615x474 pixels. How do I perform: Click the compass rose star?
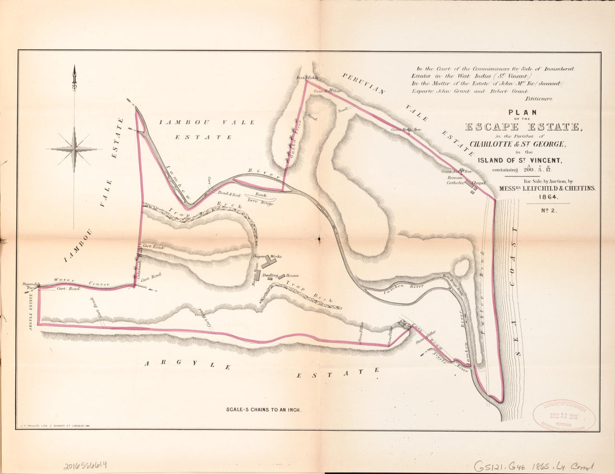[x=74, y=149]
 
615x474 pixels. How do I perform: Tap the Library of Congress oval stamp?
[x=564, y=415]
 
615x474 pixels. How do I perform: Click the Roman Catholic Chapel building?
[x=474, y=188]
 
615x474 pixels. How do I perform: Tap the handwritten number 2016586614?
[x=86, y=464]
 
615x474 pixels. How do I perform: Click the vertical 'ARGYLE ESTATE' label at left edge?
[x=30, y=309]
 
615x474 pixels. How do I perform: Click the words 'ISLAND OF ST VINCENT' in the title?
[x=519, y=160]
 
